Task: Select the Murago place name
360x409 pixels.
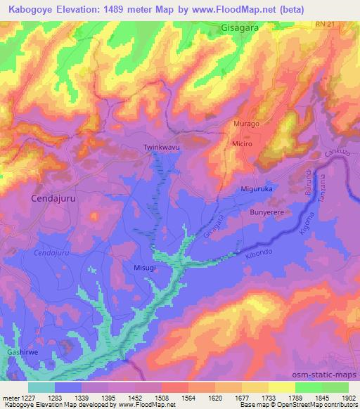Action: point(247,124)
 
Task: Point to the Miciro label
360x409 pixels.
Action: point(242,143)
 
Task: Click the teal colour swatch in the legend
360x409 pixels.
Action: point(41,387)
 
